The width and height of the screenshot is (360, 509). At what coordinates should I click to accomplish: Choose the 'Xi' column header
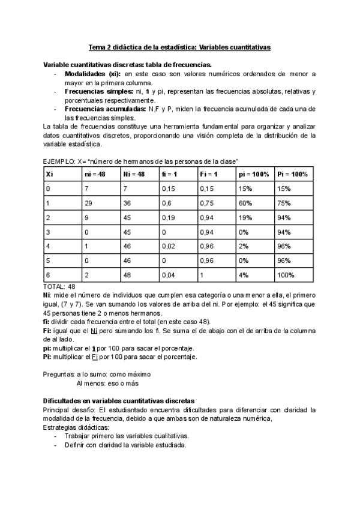tap(50, 173)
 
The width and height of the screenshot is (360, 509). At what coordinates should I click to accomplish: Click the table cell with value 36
tap(127, 203)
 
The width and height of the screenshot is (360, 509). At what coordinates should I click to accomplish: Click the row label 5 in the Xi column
tap(48, 261)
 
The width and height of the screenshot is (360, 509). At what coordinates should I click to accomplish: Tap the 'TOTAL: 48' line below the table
tap(59, 287)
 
